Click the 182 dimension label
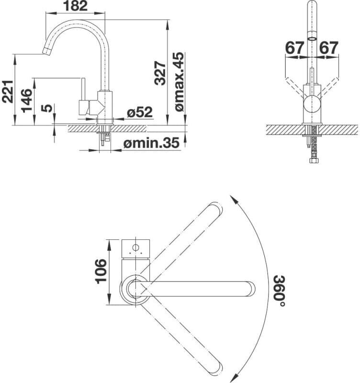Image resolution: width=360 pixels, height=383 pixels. [x=75, y=6]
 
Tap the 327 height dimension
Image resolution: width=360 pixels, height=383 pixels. [x=160, y=73]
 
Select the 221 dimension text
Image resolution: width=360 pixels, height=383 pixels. [x=8, y=91]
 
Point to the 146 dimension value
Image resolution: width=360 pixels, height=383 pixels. [x=27, y=101]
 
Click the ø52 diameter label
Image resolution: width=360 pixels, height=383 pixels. [x=140, y=113]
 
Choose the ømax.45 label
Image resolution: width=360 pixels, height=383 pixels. [x=179, y=81]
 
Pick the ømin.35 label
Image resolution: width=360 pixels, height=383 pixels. [x=151, y=143]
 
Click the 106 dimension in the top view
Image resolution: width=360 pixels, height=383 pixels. [x=101, y=271]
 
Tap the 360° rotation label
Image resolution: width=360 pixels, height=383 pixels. [x=279, y=291]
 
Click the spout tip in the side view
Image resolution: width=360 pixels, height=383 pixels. [x=46, y=51]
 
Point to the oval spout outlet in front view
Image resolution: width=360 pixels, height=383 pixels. [x=312, y=39]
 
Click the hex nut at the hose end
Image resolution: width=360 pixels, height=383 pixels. [x=313, y=160]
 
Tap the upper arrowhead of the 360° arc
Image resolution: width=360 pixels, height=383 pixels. [x=234, y=199]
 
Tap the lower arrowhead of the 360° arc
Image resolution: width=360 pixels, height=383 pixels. [x=234, y=376]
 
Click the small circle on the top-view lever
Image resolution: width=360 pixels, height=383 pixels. [x=135, y=248]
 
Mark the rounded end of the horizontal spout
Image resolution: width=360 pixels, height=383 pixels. [x=251, y=289]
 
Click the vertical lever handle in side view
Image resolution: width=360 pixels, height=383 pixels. [x=83, y=89]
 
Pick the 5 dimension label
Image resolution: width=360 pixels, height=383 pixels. [x=46, y=108]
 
